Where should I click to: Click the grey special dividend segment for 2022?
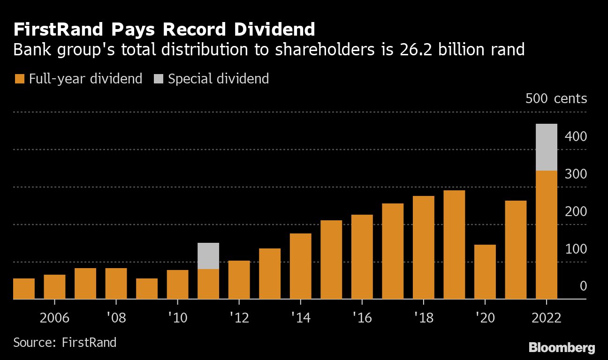(x=547, y=147)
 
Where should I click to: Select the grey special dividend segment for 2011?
(x=208, y=256)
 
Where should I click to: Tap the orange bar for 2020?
(x=485, y=272)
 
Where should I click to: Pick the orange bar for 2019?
(x=454, y=245)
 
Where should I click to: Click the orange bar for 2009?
(x=147, y=289)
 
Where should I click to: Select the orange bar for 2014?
(x=301, y=266)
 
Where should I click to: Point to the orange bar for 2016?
(x=362, y=257)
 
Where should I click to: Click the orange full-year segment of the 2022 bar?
(x=547, y=234)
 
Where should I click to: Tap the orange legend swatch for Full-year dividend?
(x=19, y=79)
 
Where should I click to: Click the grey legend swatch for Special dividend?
(x=158, y=79)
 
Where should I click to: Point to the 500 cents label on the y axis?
(x=556, y=99)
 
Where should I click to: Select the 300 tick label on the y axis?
(x=576, y=174)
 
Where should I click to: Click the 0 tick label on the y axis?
(x=583, y=286)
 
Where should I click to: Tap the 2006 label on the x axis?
(x=54, y=318)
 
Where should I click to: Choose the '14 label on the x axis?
(x=300, y=318)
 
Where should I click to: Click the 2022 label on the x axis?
(x=547, y=318)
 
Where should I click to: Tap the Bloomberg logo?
(x=562, y=347)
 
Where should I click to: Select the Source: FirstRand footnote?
(x=65, y=342)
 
